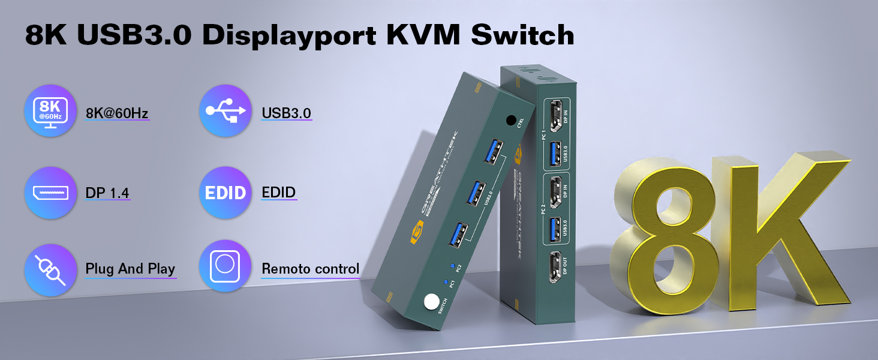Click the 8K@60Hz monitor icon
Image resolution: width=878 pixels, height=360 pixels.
50,111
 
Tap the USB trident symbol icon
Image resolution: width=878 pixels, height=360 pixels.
225,111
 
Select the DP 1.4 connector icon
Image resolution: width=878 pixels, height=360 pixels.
50,193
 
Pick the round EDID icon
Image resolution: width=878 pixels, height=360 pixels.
225,193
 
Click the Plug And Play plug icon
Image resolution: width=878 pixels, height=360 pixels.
50,269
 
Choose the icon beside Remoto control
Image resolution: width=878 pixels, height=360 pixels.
225,266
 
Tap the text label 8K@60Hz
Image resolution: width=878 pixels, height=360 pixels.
117,112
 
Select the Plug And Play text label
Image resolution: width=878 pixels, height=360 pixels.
130,269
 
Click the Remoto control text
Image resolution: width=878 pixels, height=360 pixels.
311,269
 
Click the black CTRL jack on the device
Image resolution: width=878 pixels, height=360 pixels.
512,121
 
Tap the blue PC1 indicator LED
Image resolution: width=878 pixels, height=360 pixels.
444,281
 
